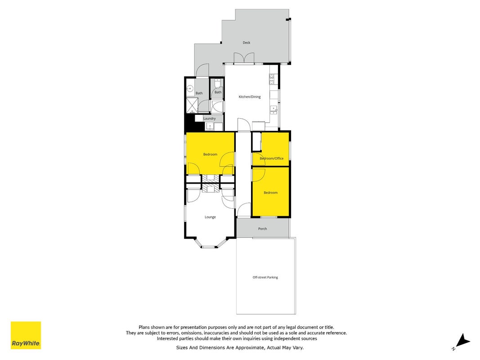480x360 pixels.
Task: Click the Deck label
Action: tap(247, 43)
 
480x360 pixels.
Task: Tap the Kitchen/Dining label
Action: tap(250, 97)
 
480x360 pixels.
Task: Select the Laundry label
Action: tap(209, 118)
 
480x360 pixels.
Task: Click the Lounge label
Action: tap(210, 217)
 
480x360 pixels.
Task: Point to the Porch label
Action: tap(262, 229)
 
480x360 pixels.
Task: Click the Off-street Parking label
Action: tap(265, 277)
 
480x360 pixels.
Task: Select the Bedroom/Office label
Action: tap(272, 158)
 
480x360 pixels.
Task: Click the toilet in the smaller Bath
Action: tap(217, 83)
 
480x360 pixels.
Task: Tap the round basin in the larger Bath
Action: tap(190, 89)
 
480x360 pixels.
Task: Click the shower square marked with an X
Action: tap(192, 105)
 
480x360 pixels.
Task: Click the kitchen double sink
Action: tap(274, 110)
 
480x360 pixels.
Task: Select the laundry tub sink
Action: tap(210, 126)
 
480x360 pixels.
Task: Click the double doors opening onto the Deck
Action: tap(244, 58)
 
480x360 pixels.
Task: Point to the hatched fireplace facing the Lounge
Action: tap(210, 188)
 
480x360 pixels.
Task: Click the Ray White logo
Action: tap(26, 335)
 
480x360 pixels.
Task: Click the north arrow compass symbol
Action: tap(462, 341)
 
